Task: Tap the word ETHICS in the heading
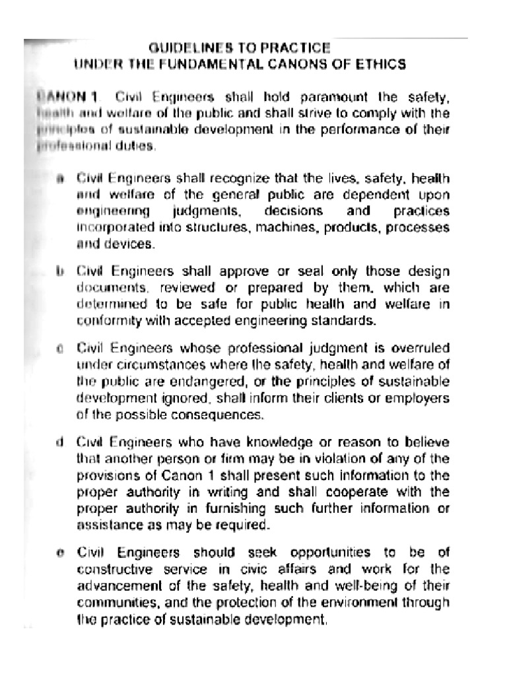click(x=384, y=64)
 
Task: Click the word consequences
click(x=220, y=415)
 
